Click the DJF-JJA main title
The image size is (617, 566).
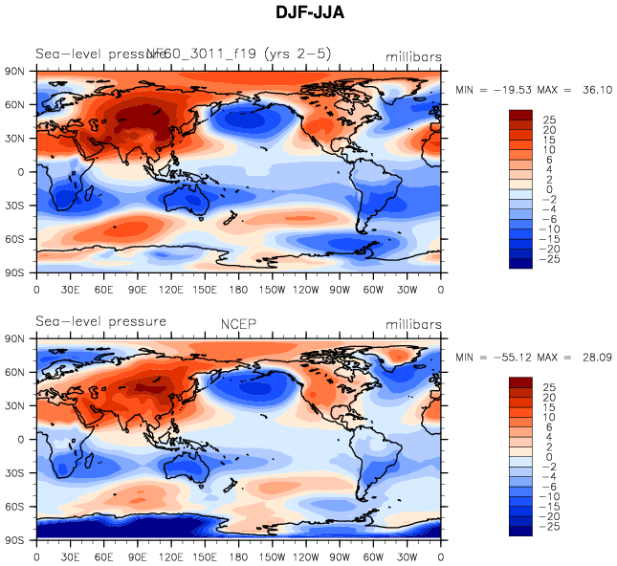click(x=311, y=14)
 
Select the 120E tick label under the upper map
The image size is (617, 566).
click(x=171, y=289)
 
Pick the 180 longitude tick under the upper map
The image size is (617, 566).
click(x=239, y=289)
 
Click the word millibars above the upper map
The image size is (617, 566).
click(x=413, y=57)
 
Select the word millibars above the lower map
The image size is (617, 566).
click(x=413, y=322)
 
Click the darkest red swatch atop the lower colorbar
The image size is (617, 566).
click(x=520, y=383)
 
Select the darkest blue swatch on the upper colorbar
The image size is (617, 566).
click(x=520, y=262)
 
